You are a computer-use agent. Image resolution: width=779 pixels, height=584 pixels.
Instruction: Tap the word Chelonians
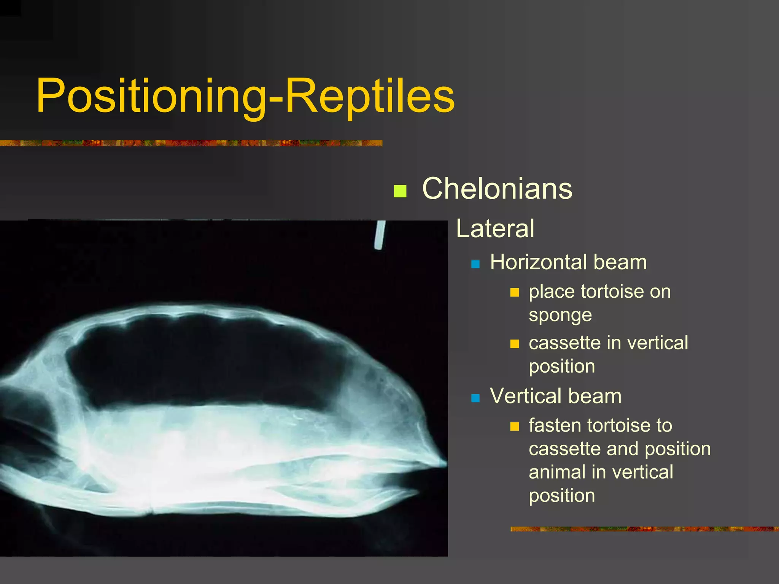497,189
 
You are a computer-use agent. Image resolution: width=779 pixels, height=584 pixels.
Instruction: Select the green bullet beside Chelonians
400,191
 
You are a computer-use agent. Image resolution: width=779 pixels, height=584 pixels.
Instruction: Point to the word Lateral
495,229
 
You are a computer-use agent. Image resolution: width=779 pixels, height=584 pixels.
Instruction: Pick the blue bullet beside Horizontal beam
475,264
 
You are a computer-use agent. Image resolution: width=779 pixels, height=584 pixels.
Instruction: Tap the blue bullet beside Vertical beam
475,398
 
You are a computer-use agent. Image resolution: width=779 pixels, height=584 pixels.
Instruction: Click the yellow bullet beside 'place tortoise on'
514,292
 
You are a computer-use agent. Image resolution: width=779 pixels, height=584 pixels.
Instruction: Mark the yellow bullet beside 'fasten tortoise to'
514,427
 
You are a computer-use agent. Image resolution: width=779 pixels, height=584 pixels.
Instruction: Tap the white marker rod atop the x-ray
380,235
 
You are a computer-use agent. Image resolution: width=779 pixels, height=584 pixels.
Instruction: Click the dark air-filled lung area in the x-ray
205,361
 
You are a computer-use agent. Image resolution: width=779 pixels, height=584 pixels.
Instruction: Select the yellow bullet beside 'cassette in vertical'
514,344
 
